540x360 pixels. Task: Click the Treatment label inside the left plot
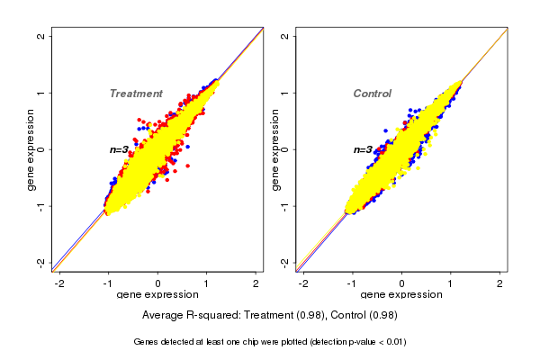136,94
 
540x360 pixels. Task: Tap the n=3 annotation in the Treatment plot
120,149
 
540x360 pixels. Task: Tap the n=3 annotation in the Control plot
363,149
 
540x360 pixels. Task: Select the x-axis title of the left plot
157,294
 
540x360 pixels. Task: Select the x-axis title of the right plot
401,294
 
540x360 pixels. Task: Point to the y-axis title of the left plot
32,149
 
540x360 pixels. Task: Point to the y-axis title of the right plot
276,149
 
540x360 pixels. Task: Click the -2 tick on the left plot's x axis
59,283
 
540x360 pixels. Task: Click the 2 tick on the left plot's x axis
256,283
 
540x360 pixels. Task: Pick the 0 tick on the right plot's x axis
401,283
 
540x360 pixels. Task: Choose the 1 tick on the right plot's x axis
451,283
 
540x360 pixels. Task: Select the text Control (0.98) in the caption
364,316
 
